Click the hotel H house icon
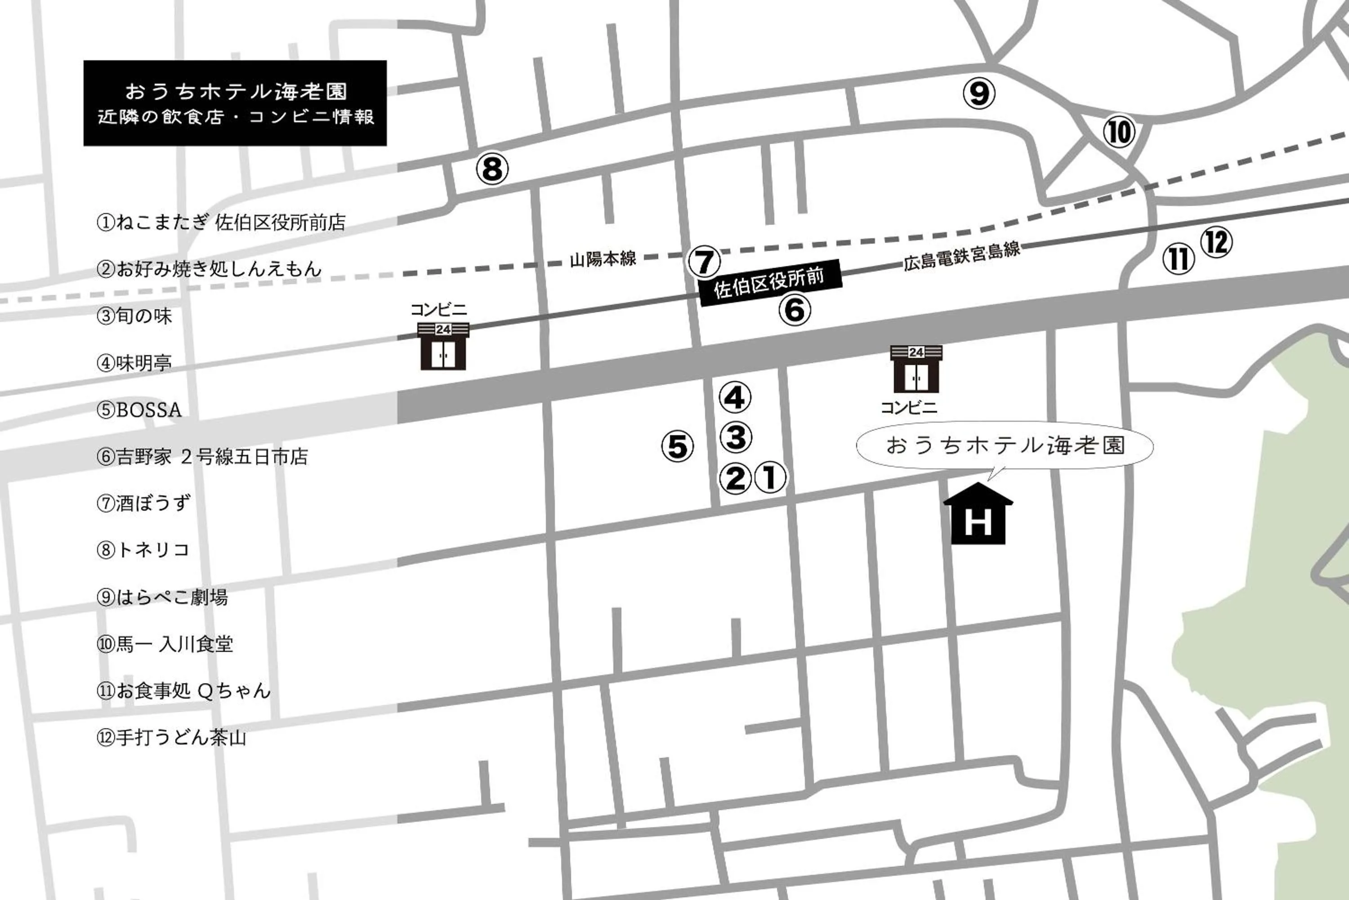978,515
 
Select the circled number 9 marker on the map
979,93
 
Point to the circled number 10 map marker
1119,132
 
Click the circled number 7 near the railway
704,262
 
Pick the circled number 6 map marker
795,311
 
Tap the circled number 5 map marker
677,446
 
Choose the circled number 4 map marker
735,397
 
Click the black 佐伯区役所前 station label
770,282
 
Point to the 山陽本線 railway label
603,259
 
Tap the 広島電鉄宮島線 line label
961,256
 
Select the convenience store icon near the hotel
916,369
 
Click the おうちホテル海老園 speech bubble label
1005,446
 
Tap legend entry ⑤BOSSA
139,410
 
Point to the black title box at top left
235,103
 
